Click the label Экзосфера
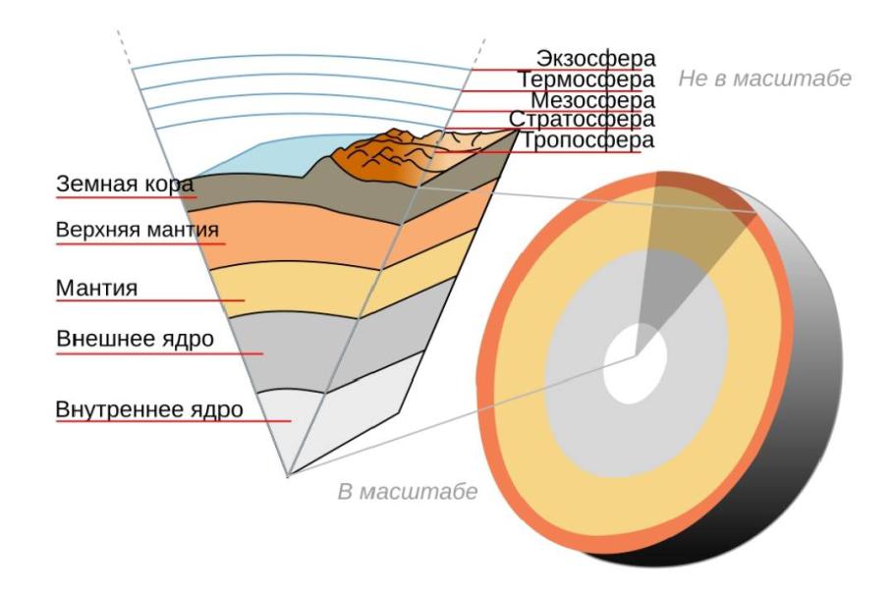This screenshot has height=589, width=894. pyautogui.click(x=595, y=59)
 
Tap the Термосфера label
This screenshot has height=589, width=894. pyautogui.click(x=587, y=80)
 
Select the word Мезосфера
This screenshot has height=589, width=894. pyautogui.click(x=593, y=100)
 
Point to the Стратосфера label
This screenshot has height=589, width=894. pyautogui.click(x=583, y=120)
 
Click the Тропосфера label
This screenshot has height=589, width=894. pyautogui.click(x=587, y=140)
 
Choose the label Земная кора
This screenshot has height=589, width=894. pyautogui.click(x=125, y=184)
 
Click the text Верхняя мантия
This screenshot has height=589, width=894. pyautogui.click(x=138, y=230)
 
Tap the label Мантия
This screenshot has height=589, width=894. pyautogui.click(x=97, y=289)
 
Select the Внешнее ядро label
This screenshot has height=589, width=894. pyautogui.click(x=136, y=339)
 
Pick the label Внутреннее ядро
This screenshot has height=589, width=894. pyautogui.click(x=149, y=409)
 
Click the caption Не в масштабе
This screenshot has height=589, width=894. pyautogui.click(x=764, y=79)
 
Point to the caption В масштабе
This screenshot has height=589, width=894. pyautogui.click(x=408, y=492)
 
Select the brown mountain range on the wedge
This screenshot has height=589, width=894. pyautogui.click(x=393, y=157)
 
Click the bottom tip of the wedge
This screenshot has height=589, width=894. pyautogui.click(x=288, y=476)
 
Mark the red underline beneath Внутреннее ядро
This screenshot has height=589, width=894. pyautogui.click(x=173, y=421)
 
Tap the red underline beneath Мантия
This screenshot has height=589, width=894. pyautogui.click(x=150, y=300)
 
